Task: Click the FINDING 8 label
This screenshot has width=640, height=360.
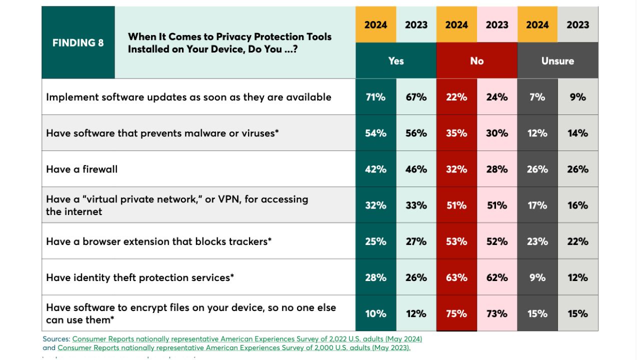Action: point(78,42)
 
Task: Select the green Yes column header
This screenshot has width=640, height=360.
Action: point(395,60)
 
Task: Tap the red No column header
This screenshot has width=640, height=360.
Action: point(476,60)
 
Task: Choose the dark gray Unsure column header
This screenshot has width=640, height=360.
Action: point(557,60)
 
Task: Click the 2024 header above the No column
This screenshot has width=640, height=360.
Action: point(456,24)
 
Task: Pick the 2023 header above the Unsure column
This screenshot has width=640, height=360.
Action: point(578,24)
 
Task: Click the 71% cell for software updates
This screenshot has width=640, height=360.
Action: point(375,97)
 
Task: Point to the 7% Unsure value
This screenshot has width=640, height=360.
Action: point(537,97)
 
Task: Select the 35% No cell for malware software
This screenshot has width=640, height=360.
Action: point(456,133)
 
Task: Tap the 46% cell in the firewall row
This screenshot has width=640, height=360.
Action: point(416,169)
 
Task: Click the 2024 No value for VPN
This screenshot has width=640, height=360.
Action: point(456,205)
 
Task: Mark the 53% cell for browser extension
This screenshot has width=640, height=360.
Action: point(456,241)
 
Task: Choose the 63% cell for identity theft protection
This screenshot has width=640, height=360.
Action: point(456,277)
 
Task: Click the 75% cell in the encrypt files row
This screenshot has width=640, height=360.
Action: point(456,313)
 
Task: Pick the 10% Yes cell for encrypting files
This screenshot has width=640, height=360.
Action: point(375,313)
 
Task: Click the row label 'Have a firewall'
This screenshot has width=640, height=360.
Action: point(82,169)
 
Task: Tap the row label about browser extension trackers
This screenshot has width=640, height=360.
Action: point(158,241)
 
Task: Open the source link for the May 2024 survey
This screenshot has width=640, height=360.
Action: point(247,338)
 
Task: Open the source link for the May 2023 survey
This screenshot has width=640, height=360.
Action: point(233,347)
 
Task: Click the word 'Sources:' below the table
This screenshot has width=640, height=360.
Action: point(56,338)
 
